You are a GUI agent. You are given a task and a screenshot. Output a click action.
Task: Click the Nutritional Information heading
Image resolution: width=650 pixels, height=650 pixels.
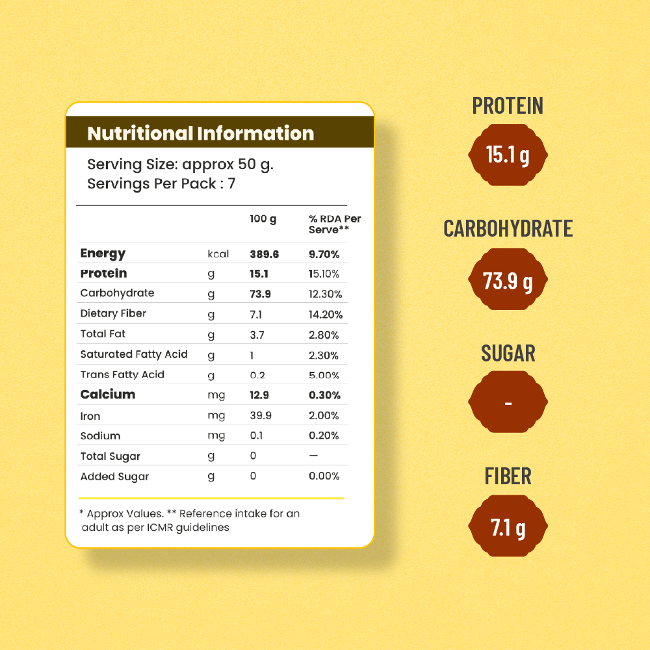200,133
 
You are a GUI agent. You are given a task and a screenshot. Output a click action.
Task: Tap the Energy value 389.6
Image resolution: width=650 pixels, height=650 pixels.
264,254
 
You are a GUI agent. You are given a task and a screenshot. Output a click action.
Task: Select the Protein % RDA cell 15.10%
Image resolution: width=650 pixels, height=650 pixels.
324,274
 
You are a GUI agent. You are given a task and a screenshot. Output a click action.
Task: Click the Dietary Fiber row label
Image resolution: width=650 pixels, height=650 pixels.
113,313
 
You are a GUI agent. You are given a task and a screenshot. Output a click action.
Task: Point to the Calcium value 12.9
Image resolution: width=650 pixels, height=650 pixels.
259,395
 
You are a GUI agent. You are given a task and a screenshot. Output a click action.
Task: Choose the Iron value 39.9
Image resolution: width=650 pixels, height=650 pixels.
261,415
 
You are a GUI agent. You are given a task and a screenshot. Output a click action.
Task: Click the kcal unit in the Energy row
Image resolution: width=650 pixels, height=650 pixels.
218,254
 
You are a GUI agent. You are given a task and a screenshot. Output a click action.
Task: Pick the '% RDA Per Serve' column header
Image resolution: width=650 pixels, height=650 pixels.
334,224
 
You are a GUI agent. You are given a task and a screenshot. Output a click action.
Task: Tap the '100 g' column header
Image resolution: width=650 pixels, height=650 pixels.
263,219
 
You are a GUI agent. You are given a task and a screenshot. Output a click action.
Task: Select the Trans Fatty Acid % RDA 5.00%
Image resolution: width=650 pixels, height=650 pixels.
324,375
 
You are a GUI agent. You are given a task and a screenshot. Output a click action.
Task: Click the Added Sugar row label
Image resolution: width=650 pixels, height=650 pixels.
114,476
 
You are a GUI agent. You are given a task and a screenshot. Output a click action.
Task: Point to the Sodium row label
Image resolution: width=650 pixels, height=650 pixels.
100,435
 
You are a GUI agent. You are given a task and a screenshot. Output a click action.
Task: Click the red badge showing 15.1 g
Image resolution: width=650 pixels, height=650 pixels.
508,156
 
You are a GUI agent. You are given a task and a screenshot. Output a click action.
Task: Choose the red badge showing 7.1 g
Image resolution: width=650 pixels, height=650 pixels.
508,527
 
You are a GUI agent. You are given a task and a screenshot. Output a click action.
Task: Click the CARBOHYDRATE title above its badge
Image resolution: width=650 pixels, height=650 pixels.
508,228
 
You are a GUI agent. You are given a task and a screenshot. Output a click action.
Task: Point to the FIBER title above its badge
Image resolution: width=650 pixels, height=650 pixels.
508,476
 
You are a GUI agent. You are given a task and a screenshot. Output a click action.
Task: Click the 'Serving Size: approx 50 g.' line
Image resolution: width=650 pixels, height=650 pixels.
180,164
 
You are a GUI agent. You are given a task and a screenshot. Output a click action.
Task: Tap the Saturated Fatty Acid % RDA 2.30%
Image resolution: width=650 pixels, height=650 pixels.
324,355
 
